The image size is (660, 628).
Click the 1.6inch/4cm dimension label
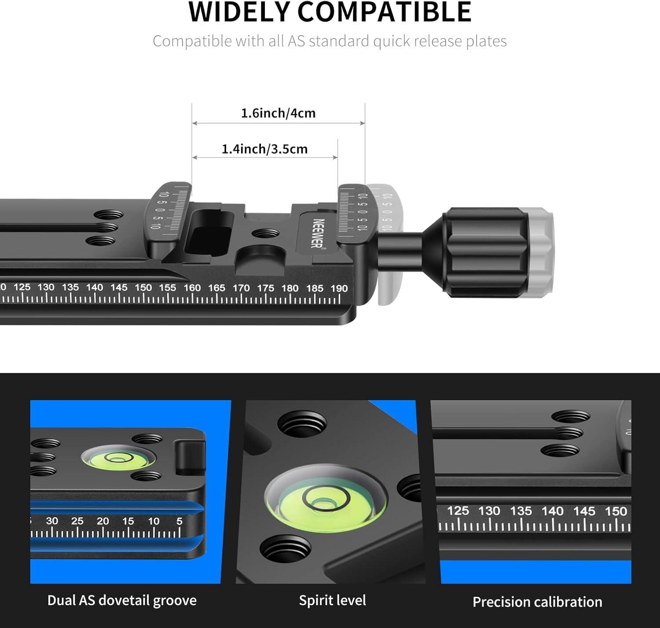click(x=279, y=113)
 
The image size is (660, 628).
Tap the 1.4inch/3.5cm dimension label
click(x=264, y=149)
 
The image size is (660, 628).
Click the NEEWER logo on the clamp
click(x=317, y=233)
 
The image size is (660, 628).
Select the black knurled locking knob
click(x=484, y=252)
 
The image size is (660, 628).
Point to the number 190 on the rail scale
click(x=339, y=288)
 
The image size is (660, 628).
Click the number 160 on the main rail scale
click(x=192, y=288)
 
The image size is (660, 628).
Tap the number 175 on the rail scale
click(x=266, y=288)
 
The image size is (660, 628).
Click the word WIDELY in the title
click(x=238, y=12)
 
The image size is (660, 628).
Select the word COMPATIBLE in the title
click(x=385, y=12)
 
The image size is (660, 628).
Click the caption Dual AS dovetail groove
click(x=122, y=600)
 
